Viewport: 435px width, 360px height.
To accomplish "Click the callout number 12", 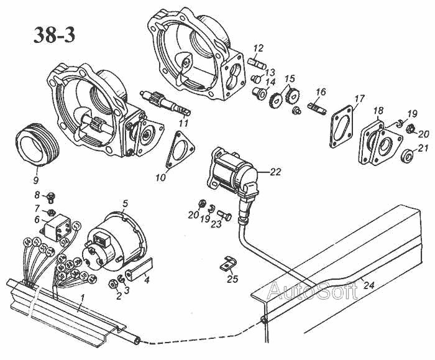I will [x=259, y=48].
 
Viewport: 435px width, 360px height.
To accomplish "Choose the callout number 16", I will [x=321, y=92].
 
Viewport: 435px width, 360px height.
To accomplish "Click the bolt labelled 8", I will [x=53, y=197].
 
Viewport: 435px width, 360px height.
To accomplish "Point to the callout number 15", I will [x=290, y=79].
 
